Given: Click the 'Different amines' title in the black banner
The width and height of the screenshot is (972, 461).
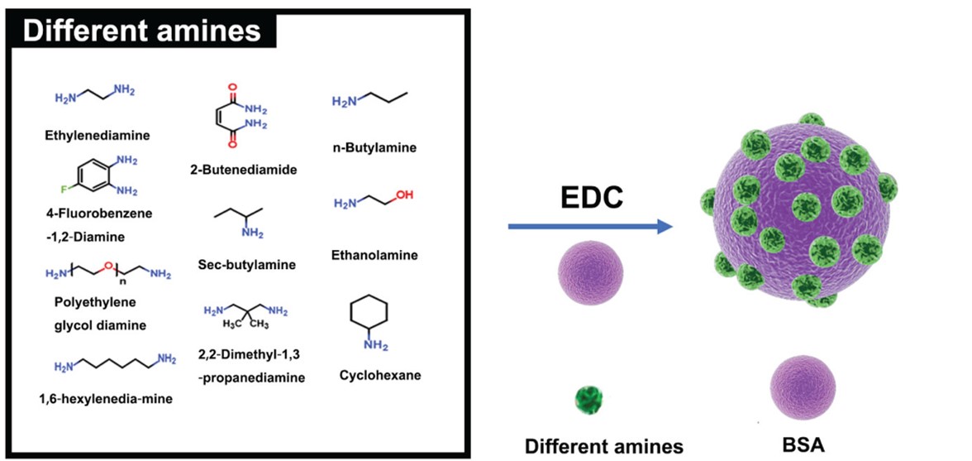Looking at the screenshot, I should click(141, 31).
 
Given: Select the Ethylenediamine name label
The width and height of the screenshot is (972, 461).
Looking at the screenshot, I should click(98, 132).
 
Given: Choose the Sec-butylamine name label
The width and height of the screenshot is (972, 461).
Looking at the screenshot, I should click(246, 265).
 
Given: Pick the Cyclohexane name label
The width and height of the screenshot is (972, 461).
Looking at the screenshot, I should click(379, 375).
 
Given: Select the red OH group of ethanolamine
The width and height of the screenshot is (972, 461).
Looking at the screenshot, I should click(403, 195).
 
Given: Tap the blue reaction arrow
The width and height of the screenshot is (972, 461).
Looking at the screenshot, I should click(588, 226).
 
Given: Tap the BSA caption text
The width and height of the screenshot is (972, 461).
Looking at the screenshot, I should click(802, 444).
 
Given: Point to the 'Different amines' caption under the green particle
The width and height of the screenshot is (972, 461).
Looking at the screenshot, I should click(604, 446).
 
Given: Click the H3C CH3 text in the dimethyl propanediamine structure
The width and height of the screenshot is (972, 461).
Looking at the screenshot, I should click(244, 324).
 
